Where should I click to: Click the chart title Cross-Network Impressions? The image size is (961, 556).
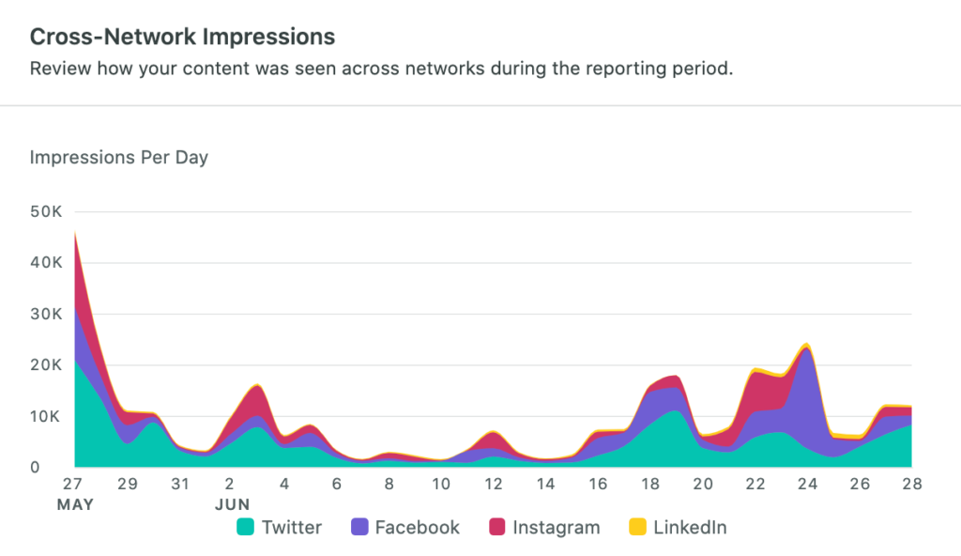182,37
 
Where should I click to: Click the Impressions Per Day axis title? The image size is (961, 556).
119,157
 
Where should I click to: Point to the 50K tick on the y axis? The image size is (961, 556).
47,212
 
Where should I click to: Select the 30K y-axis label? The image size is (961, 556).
47,314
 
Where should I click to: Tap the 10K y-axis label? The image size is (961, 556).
47,416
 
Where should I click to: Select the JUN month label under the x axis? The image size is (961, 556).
232,504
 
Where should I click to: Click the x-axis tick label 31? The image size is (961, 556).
179,485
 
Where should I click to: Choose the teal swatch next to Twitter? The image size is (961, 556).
245,528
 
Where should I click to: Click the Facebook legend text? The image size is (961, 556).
417,528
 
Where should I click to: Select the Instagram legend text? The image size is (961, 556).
556,528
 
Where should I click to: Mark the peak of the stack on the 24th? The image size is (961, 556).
806,345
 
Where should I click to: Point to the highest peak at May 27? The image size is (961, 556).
75,231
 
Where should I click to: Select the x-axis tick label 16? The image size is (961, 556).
598,485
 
